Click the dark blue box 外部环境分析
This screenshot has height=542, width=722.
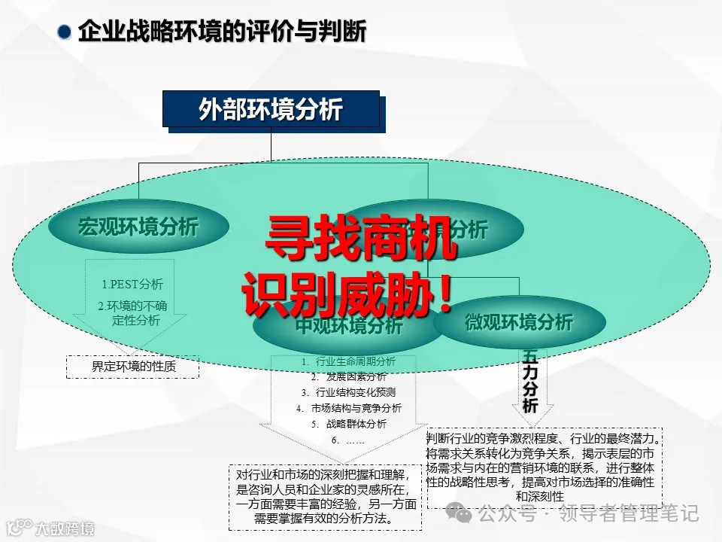click(x=271, y=110)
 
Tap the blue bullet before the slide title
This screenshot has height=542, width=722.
click(x=65, y=33)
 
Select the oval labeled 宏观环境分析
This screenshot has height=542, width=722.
click(x=138, y=226)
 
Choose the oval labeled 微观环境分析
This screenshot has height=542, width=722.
click(x=519, y=322)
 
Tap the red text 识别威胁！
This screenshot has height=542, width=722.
click(x=347, y=296)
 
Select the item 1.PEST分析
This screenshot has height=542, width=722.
click(x=132, y=285)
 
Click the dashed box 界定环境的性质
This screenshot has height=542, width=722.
click(x=134, y=367)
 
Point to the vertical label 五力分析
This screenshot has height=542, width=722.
click(x=530, y=381)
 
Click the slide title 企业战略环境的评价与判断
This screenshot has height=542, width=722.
click(x=223, y=32)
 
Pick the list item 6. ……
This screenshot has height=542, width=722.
click(x=347, y=440)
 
